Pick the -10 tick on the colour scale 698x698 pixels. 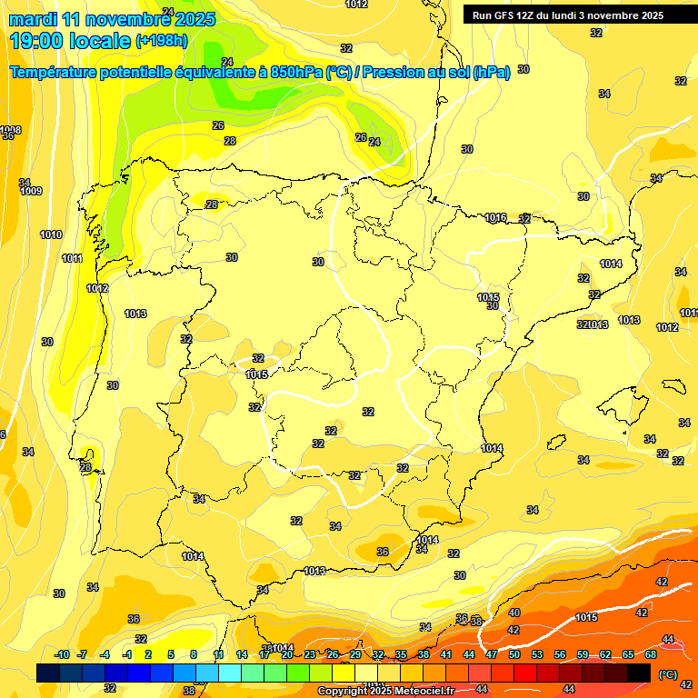click(x=62, y=655)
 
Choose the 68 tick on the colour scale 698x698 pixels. click(x=651, y=655)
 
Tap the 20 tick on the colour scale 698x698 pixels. click(x=287, y=655)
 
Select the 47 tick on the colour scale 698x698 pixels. click(x=492, y=655)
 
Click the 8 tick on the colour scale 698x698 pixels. click(x=194, y=655)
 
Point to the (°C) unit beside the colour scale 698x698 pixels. click(x=668, y=674)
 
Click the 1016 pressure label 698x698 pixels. click(x=495, y=217)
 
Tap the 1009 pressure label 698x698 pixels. click(x=31, y=191)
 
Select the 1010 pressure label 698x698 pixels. click(x=51, y=234)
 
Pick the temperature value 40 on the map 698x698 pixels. click(x=514, y=613)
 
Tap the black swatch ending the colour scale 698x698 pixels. click(x=639, y=673)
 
